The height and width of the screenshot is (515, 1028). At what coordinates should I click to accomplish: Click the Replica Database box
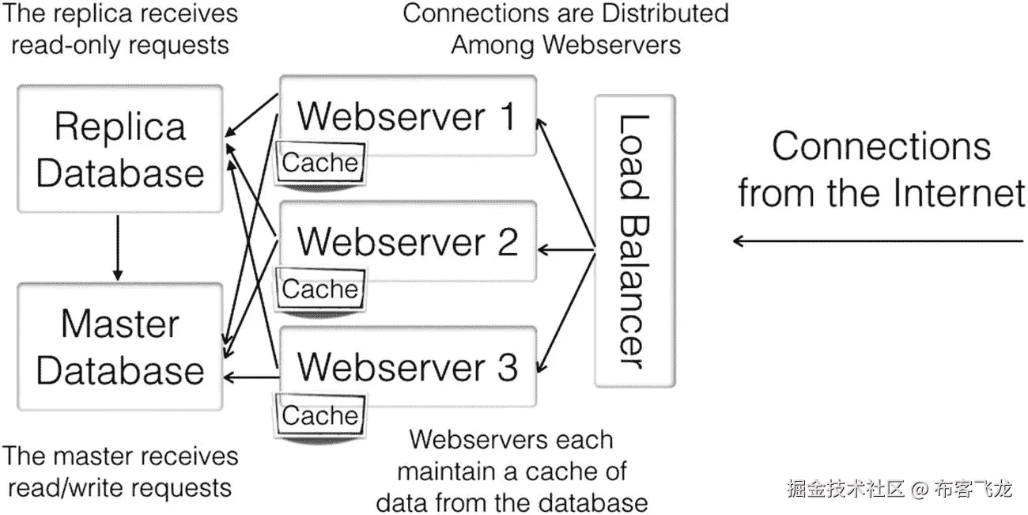[119, 150]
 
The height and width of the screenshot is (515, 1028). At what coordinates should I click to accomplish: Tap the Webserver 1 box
[408, 115]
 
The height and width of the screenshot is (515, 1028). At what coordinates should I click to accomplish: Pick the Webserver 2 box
[408, 240]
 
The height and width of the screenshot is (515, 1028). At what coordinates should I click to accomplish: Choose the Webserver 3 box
[408, 366]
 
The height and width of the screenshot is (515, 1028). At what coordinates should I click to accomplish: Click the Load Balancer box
[634, 240]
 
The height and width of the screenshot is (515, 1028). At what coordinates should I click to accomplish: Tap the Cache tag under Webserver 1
[320, 163]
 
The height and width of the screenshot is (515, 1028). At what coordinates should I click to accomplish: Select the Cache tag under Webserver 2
[320, 290]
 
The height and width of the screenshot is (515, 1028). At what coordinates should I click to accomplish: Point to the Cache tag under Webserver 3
[320, 415]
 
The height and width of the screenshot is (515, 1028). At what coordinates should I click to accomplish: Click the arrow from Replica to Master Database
[119, 247]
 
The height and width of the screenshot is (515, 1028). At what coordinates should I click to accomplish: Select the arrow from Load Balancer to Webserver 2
[566, 251]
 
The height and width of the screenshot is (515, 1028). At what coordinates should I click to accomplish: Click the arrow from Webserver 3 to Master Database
[250, 377]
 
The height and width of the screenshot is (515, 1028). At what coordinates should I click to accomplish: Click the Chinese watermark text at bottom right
[899, 488]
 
